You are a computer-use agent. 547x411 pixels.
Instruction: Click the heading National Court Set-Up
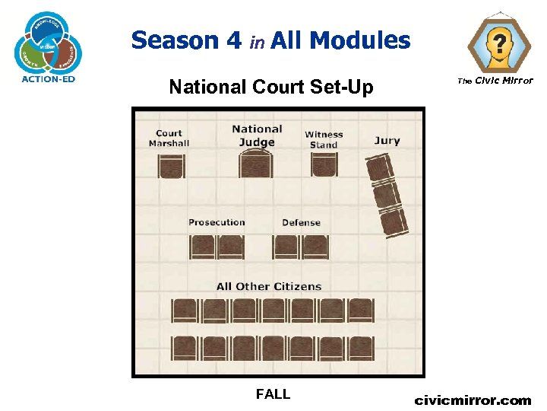coord(271,88)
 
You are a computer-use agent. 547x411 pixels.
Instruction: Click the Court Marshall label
coord(169,138)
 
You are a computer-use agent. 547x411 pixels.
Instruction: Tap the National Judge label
coord(257,135)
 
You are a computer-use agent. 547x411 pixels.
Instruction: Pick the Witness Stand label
coord(324,139)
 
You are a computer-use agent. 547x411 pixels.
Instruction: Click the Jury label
coord(387,140)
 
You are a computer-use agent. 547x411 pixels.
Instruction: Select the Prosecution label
coord(217,222)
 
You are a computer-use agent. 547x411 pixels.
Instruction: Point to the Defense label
coord(301,222)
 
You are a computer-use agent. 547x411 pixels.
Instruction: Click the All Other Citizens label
coord(269,286)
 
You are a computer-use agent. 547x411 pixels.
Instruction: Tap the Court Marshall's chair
coord(171,165)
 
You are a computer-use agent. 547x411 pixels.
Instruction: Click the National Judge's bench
coord(257,164)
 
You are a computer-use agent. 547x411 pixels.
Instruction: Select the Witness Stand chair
coord(324,164)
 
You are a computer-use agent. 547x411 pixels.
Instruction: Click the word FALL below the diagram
coord(273,394)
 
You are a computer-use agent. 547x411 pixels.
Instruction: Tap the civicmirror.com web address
coord(473,400)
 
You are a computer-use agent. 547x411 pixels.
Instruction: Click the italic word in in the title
coord(258,43)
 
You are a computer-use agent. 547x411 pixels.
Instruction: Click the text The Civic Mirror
coord(495,81)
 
